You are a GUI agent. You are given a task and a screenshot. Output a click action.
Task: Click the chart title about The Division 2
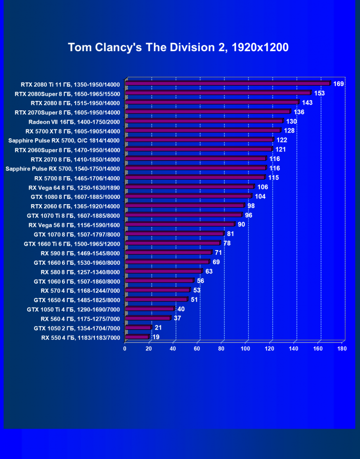point(178,47)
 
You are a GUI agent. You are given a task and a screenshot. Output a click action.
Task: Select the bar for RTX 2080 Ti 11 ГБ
point(227,84)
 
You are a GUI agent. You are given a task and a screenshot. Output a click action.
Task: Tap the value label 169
point(338,84)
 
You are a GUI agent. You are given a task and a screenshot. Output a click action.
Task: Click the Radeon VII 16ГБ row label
point(74,122)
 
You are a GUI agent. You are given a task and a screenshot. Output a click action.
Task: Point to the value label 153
point(319,93)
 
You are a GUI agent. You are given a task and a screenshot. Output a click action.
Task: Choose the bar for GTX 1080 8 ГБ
point(188,197)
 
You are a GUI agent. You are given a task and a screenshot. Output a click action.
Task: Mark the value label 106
point(263,187)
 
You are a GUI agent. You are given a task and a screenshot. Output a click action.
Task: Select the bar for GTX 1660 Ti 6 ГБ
point(172,243)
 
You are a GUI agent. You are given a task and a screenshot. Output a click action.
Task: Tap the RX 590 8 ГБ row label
point(80,253)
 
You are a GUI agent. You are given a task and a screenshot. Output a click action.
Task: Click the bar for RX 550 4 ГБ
point(137,337)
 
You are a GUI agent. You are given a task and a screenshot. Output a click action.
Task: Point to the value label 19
point(156,337)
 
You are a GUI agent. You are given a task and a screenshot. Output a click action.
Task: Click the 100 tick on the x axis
point(245,349)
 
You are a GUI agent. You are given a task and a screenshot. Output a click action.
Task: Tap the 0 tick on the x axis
point(125,349)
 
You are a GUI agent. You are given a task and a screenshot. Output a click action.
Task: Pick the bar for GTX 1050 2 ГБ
point(138,328)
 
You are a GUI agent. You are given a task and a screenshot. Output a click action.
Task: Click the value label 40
point(181,309)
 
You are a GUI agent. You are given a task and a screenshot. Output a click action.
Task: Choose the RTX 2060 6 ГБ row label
point(75,206)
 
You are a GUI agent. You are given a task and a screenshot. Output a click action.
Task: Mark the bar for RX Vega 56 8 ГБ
point(180,225)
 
